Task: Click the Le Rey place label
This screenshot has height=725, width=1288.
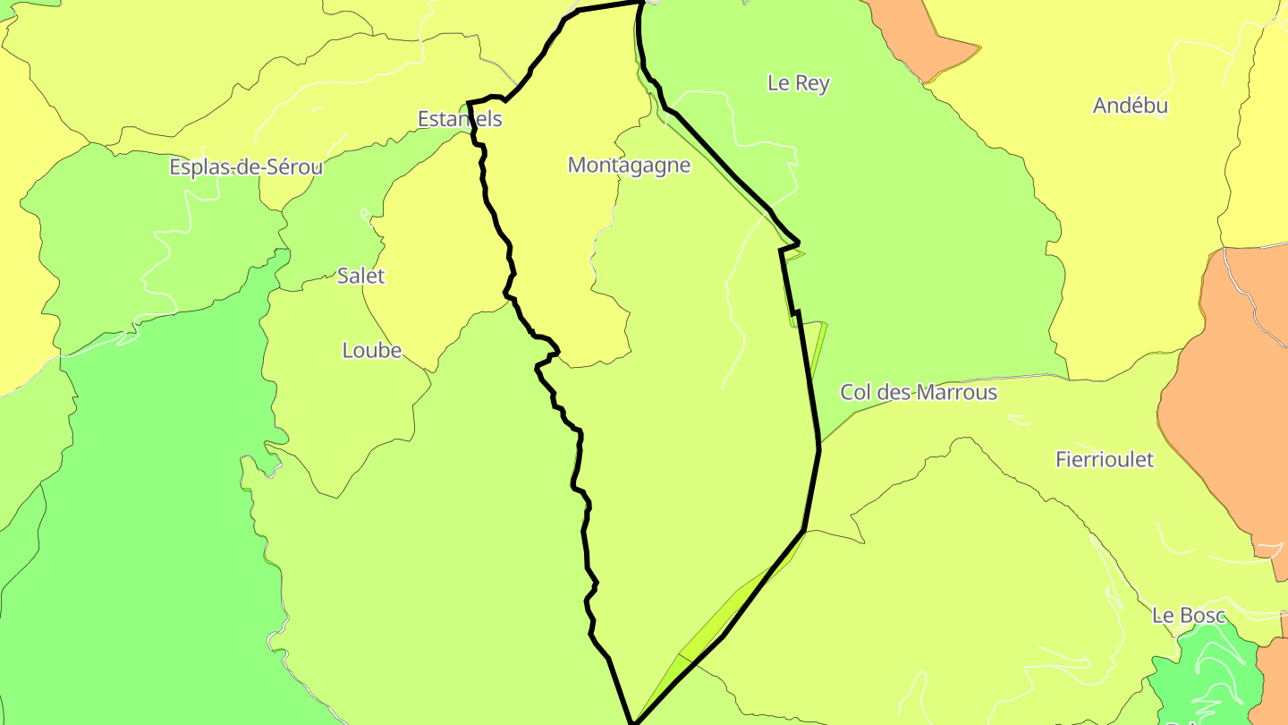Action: [x=799, y=83]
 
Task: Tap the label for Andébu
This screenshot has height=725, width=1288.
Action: [x=1131, y=106]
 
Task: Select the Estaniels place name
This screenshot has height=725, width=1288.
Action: [x=460, y=119]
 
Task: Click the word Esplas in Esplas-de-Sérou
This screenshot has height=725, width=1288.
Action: [x=198, y=167]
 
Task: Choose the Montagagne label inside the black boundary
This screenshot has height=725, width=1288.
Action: [x=629, y=165]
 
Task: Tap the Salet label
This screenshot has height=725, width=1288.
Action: [x=360, y=276]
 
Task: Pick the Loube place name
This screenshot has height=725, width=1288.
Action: [x=372, y=350]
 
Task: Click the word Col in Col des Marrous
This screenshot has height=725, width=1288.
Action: [x=855, y=392]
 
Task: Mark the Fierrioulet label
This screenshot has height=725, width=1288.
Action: [x=1105, y=460]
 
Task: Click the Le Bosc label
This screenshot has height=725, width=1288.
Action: [x=1189, y=615]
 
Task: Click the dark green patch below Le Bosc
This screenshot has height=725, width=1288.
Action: [x=1203, y=680]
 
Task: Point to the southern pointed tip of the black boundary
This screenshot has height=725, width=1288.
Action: [x=633, y=721]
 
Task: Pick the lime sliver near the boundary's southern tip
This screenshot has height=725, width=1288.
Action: [x=707, y=627]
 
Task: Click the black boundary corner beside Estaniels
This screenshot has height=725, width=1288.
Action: [x=470, y=103]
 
